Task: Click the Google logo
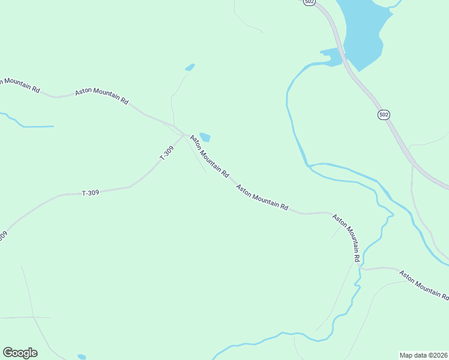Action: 20,353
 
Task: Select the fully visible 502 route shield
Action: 384,114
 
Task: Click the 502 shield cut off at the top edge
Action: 309,2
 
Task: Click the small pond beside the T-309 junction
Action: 205,137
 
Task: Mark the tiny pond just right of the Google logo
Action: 82,357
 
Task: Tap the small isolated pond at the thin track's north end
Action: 190,67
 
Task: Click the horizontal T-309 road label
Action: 90,193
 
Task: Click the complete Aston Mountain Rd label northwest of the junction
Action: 101,97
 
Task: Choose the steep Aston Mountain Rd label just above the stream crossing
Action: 346,238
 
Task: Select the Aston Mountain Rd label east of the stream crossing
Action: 424,284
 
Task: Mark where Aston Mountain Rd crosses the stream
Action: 360,268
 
